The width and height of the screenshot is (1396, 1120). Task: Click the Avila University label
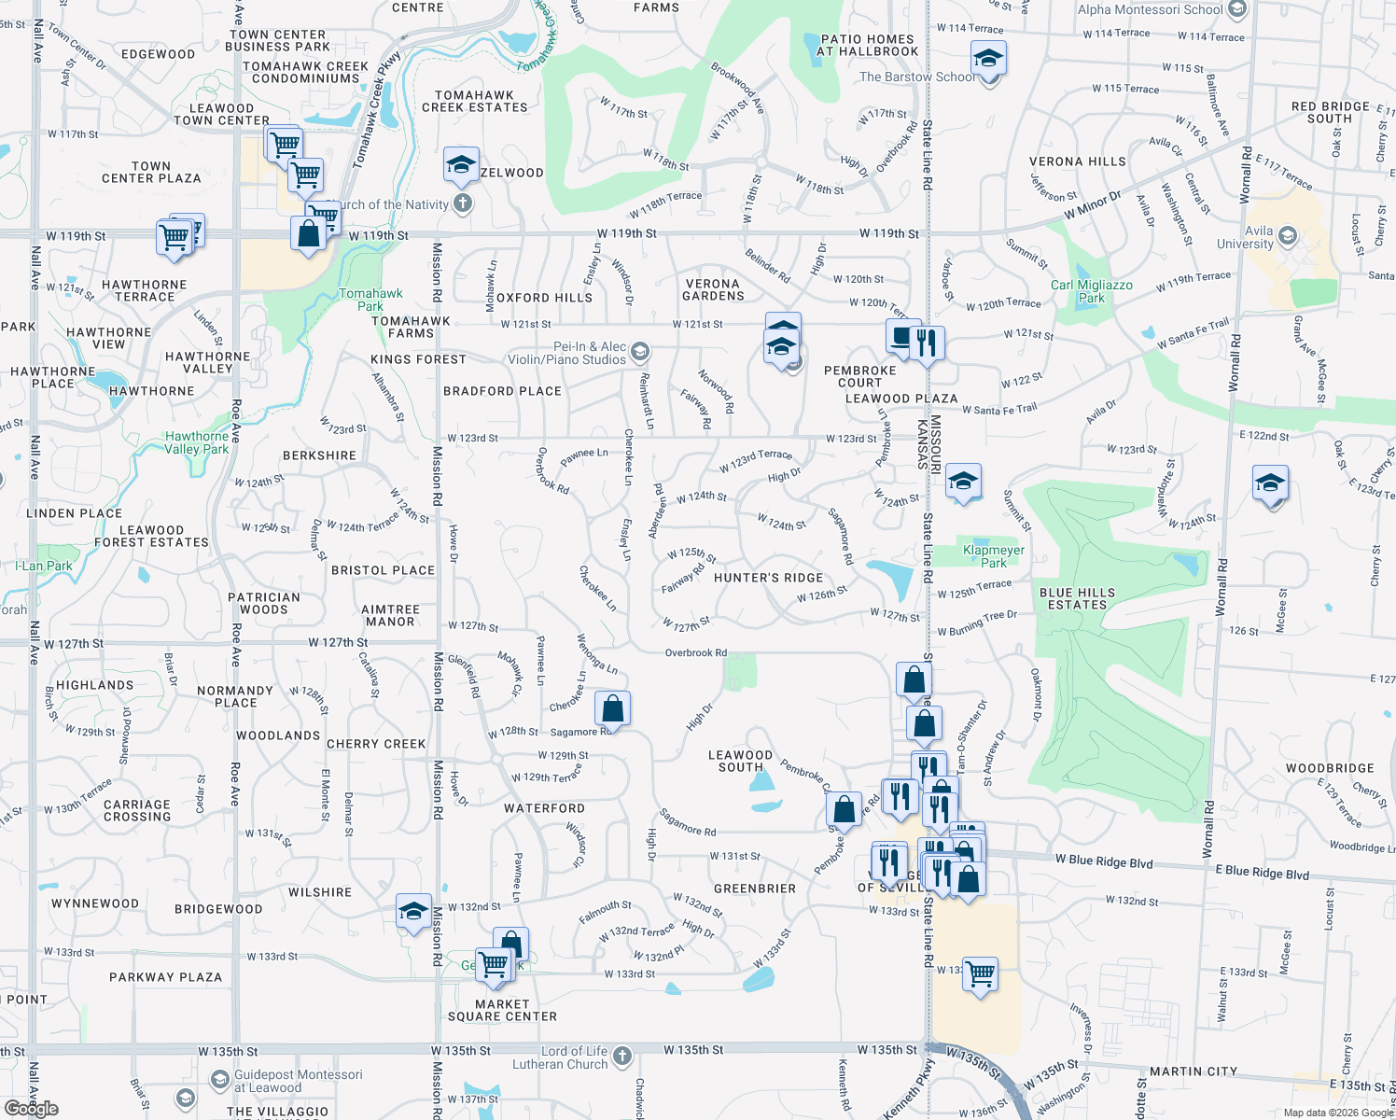1245,237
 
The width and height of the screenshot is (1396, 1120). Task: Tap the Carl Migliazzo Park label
1091,291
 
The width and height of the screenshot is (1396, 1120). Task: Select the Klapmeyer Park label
993,556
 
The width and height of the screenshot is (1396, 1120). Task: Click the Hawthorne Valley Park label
197,442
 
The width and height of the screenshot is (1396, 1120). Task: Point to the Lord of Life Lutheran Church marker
622,1057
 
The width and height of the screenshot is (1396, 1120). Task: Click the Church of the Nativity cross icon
463,203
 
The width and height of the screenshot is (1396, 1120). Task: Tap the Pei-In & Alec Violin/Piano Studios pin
639,352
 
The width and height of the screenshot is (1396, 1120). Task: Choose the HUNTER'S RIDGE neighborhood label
768,578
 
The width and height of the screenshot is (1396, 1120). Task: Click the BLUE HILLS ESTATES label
1077,598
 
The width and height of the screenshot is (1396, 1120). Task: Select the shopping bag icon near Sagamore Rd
612,708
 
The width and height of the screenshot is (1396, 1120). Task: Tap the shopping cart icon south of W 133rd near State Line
980,974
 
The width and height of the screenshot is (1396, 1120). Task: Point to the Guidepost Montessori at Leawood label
298,1081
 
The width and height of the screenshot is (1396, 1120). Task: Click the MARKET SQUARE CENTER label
502,1011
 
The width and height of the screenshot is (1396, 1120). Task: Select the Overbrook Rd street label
695,653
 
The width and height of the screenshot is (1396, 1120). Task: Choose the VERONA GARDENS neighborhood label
713,289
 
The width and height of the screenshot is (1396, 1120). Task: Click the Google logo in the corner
31,1108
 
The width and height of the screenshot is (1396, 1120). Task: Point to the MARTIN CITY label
1193,1071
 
